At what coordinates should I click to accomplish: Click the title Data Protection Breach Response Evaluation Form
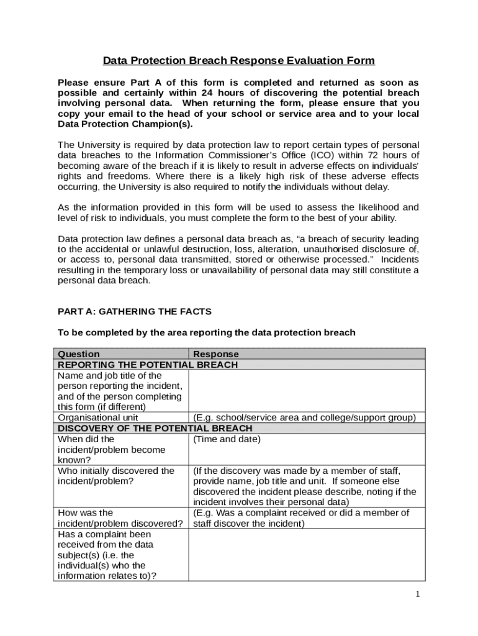[238, 61]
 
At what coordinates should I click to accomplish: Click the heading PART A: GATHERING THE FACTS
[135, 311]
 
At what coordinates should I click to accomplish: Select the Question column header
[79, 354]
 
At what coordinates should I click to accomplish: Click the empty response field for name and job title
[307, 391]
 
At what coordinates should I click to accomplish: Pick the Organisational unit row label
[98, 418]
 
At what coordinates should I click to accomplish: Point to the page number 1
[418, 594]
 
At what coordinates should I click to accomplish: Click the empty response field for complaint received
[307, 555]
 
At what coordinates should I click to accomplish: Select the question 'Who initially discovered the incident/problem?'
[116, 476]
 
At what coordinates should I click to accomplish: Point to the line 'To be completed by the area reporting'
[206, 332]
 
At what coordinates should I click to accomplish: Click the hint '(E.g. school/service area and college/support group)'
[304, 418]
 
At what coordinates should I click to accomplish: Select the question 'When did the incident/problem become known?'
[112, 450]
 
